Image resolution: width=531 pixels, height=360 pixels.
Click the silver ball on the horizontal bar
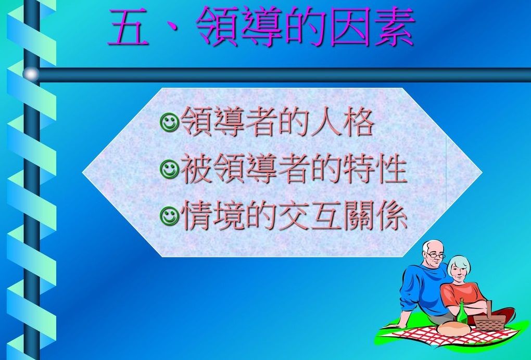click(31, 74)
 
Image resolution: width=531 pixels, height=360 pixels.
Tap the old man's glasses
click(435, 255)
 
